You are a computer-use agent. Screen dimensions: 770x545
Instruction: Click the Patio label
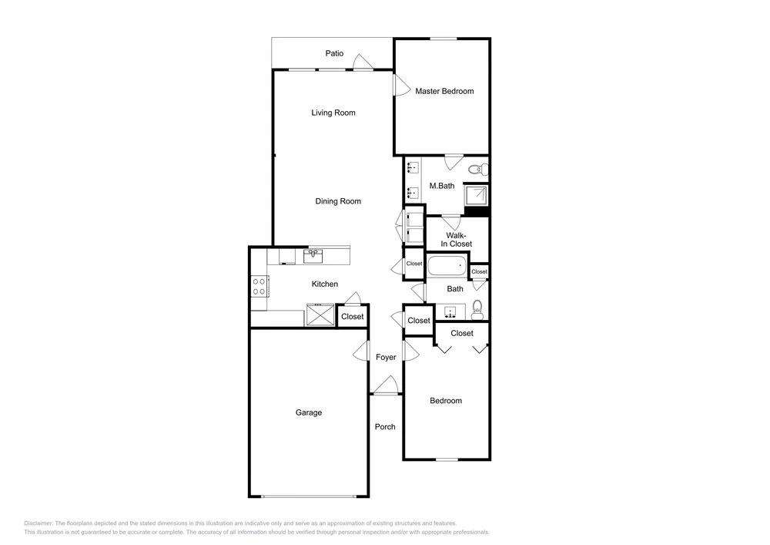click(x=334, y=53)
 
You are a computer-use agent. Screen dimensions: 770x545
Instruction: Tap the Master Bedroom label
click(x=444, y=91)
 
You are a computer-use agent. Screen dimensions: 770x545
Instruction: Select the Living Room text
click(x=333, y=113)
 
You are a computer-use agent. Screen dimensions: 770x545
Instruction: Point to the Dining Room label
click(x=338, y=201)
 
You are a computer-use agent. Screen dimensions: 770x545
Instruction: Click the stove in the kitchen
click(x=259, y=287)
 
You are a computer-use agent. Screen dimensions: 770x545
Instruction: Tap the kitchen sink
click(x=313, y=256)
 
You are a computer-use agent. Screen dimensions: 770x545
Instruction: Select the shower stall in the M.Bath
click(x=477, y=195)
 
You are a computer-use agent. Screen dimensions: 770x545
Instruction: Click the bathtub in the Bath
click(x=447, y=266)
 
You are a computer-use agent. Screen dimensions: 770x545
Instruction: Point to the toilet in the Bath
click(x=477, y=310)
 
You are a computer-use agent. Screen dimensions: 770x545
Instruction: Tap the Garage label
click(x=309, y=412)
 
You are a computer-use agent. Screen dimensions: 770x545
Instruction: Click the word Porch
click(x=385, y=426)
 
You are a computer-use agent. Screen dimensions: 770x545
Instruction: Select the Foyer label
click(x=386, y=357)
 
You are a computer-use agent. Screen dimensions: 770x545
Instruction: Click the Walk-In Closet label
click(x=456, y=240)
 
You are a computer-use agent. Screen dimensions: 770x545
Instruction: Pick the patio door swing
click(x=363, y=62)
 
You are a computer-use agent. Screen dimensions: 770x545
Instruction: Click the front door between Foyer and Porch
click(x=386, y=385)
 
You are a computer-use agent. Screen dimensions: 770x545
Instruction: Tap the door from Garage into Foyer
click(x=360, y=351)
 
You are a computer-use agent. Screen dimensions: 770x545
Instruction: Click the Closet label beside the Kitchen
click(x=353, y=317)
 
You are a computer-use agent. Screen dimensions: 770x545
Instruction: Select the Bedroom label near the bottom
click(x=446, y=401)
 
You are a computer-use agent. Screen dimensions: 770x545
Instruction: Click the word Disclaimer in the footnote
click(x=38, y=523)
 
